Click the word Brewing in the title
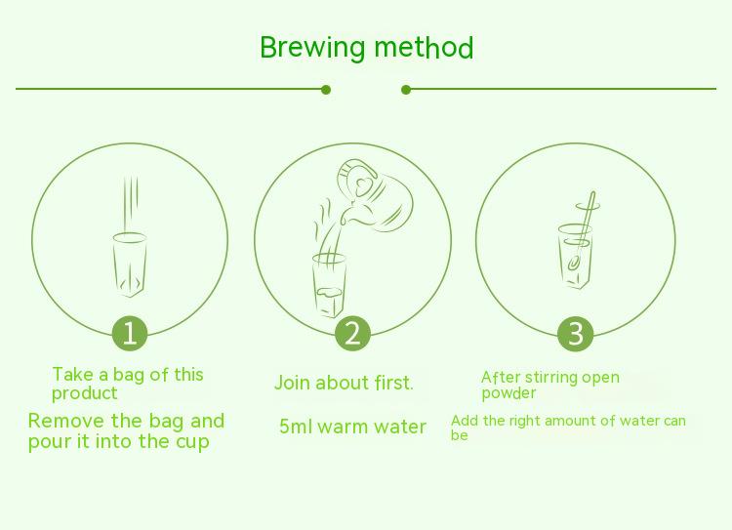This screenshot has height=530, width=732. pos(312,48)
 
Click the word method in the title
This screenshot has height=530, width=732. pos(424,48)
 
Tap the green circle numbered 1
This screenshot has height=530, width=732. pos(130,334)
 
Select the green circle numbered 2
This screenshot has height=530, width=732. pos(352,334)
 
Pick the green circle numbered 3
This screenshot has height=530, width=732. pos(575,334)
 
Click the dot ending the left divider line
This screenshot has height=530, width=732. pos(326,90)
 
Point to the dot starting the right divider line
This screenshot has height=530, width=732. pos(406,90)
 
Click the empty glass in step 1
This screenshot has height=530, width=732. pos(130,265)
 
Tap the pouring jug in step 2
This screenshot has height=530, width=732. pos(376,196)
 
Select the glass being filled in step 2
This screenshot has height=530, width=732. pos(329,286)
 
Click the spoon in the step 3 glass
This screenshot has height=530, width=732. pos(582,231)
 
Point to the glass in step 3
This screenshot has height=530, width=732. pos(576,257)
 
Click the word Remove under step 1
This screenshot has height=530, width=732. pos(66,421)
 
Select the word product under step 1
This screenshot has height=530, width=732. pos(85,393)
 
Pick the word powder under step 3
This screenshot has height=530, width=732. pos(508,393)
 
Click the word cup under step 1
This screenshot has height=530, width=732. pos(193,442)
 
